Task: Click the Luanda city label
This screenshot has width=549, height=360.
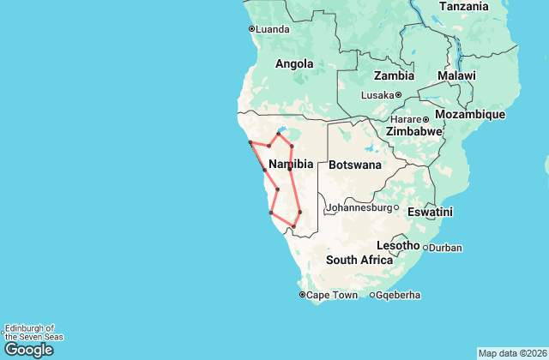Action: [x=273, y=29]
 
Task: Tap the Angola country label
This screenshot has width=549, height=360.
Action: [x=294, y=63]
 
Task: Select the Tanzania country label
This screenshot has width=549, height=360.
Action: [x=464, y=7]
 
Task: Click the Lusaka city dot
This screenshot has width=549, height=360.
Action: [x=399, y=95]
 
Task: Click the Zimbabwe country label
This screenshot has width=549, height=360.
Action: [x=413, y=132]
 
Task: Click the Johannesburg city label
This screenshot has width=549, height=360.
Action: [x=358, y=207]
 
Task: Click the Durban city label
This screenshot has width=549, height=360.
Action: [x=445, y=249]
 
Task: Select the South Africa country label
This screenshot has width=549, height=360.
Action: [x=359, y=261]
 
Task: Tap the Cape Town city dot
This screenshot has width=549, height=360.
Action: [x=302, y=295]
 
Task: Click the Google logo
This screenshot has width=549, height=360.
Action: [x=28, y=349]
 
